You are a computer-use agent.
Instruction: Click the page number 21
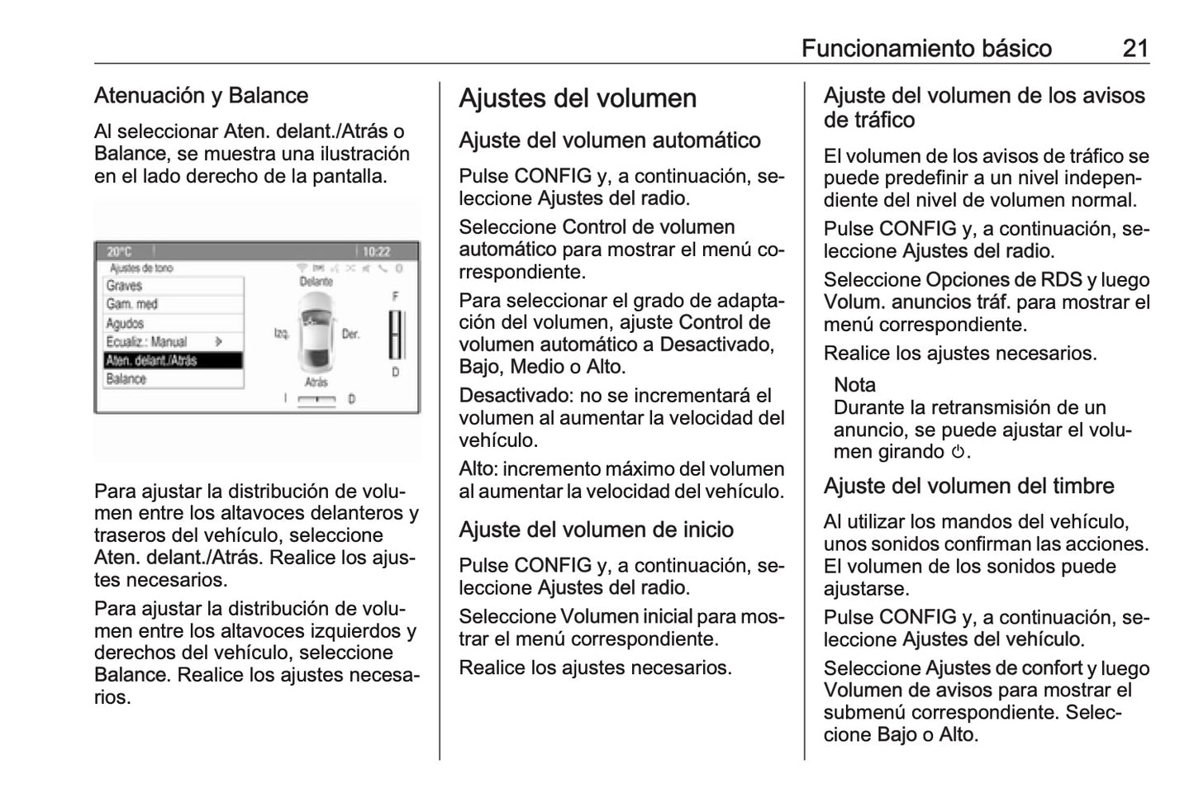(x=1135, y=48)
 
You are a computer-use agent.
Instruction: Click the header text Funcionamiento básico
(x=926, y=48)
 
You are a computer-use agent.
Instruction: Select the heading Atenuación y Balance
(x=201, y=96)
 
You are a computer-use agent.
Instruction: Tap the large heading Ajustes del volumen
(x=578, y=98)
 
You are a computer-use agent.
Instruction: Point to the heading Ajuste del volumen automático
(x=610, y=140)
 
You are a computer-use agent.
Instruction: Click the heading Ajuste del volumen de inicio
(x=596, y=530)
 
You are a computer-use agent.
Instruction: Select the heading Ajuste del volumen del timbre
(x=968, y=486)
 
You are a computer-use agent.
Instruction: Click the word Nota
(x=854, y=385)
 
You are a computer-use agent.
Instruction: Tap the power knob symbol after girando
(x=958, y=452)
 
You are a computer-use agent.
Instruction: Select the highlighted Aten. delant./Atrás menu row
(x=172, y=360)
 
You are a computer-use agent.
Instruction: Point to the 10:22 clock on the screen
(x=376, y=251)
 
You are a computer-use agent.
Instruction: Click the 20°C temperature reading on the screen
(x=120, y=251)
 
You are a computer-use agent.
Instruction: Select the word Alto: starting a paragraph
(x=478, y=469)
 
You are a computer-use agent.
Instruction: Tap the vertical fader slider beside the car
(x=396, y=335)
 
